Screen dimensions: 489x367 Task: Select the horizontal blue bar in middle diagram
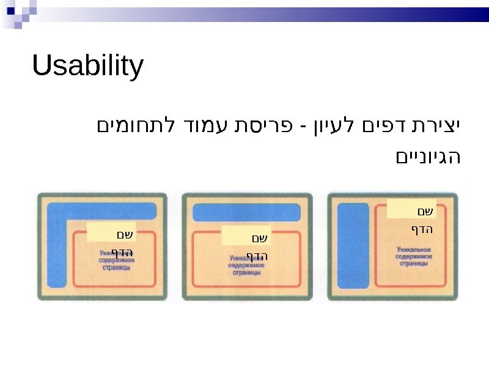coord(246,212)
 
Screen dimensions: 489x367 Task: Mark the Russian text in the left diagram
coord(116,261)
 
